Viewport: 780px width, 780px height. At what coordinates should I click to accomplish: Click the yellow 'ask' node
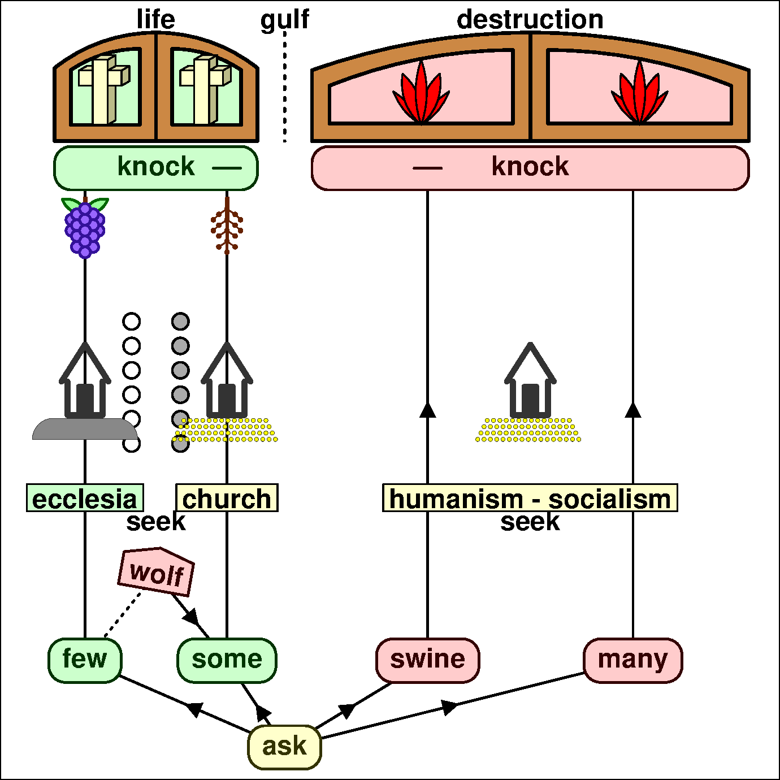coord(284,747)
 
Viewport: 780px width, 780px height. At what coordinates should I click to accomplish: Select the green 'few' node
coord(85,660)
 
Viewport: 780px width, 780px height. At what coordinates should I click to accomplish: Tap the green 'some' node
coord(227,660)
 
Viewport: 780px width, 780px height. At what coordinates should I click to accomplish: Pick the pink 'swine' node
coord(427,660)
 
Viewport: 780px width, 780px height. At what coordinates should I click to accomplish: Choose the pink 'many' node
coord(632,660)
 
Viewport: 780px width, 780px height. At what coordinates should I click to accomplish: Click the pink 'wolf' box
coord(157,572)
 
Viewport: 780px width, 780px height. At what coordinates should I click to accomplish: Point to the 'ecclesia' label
coord(85,498)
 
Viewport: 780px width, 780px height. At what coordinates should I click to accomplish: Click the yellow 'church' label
coord(227,498)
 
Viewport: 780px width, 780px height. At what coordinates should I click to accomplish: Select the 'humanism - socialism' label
coord(530,498)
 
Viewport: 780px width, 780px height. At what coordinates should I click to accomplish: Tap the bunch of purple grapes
coord(85,228)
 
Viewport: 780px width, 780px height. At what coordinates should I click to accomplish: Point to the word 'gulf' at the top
coord(284,20)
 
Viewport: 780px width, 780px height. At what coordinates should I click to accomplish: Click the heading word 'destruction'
coord(530,20)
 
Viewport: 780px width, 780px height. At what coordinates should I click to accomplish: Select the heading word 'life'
coord(156,20)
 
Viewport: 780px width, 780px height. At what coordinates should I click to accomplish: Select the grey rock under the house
coord(85,430)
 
